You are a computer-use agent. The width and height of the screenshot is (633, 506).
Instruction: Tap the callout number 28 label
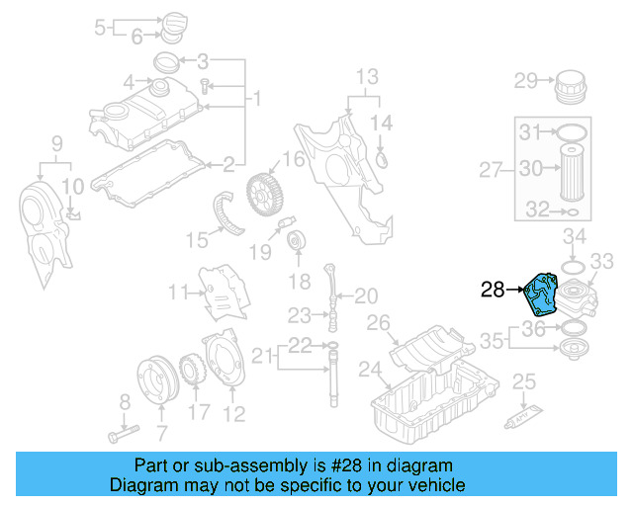pyautogui.click(x=494, y=290)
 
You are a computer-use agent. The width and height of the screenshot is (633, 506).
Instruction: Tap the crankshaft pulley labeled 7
pyautogui.click(x=154, y=380)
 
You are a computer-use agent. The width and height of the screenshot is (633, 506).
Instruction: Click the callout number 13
pyautogui.click(x=367, y=76)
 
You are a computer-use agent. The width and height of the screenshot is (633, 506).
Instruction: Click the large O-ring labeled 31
pyautogui.click(x=573, y=131)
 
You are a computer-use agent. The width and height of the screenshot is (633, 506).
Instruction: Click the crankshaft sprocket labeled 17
pyautogui.click(x=191, y=374)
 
